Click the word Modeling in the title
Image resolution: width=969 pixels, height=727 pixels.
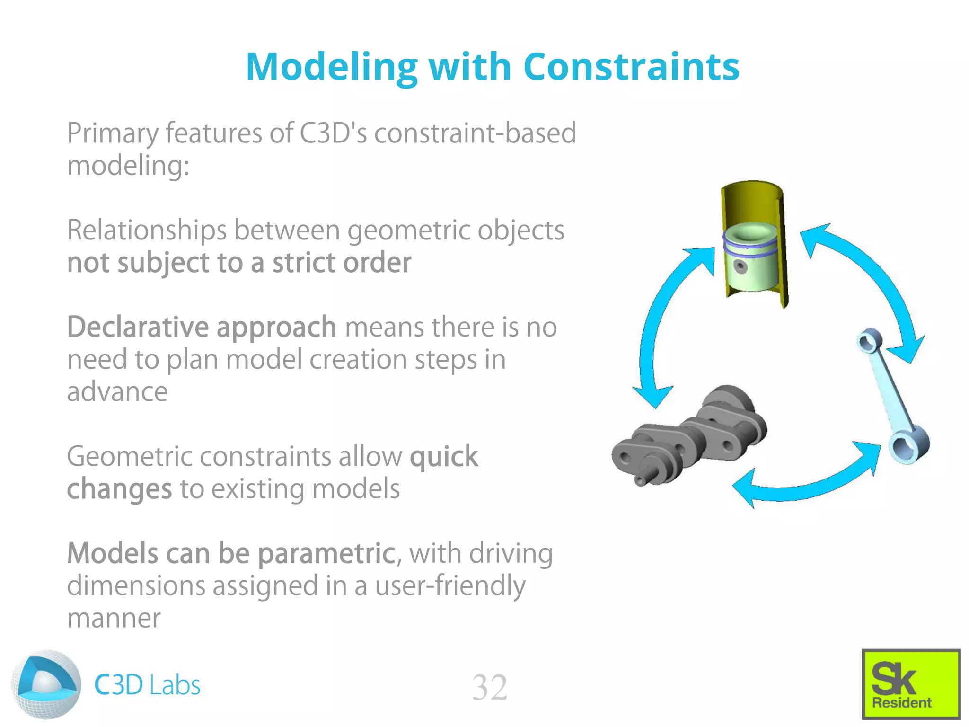click(x=331, y=67)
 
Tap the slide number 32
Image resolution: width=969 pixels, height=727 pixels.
click(x=490, y=687)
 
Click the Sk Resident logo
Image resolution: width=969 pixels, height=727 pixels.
click(x=911, y=683)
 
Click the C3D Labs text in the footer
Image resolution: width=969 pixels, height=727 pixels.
click(x=147, y=685)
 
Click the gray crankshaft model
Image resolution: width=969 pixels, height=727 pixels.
click(x=691, y=435)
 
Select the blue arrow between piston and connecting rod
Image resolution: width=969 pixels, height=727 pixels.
click(x=871, y=284)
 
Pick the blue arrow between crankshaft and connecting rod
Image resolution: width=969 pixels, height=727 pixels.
click(x=804, y=488)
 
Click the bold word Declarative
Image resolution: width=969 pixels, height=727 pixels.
click(x=137, y=328)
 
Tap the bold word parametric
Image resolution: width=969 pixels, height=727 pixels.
click(x=326, y=553)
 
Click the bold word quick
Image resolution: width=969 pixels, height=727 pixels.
click(x=444, y=457)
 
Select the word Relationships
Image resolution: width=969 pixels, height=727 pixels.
click(x=147, y=231)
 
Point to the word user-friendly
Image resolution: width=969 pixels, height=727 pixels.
click(x=449, y=586)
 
